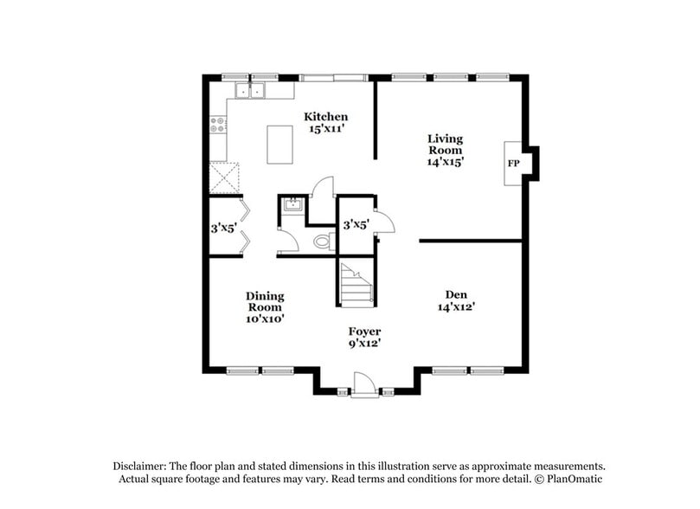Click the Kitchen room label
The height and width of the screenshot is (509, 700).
325,117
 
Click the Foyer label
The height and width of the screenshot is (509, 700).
364,332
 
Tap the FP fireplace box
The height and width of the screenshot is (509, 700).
513,163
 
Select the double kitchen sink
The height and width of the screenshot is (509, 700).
252,89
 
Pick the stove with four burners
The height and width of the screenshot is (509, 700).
218,125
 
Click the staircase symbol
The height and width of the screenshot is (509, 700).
356,284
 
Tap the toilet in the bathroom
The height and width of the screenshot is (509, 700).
324,242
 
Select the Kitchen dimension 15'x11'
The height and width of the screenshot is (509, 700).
325,130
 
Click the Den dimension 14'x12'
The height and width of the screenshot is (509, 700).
457,306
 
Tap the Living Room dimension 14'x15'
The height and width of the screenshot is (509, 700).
446,162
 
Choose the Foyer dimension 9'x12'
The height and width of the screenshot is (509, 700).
364,344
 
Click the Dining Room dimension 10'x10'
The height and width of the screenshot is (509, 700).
265,319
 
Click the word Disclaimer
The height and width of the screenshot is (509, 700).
142,465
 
